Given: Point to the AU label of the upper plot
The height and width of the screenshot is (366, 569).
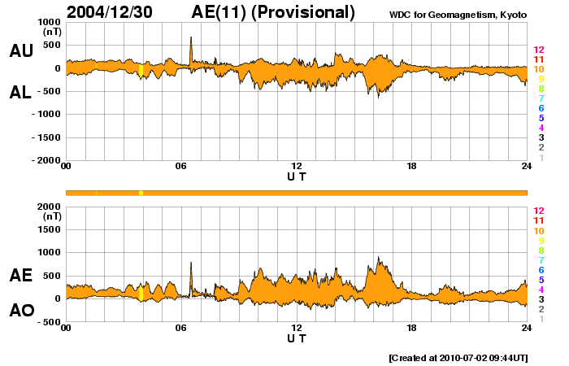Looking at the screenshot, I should (x=21, y=50).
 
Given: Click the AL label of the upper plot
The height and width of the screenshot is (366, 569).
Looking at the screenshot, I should (x=21, y=93).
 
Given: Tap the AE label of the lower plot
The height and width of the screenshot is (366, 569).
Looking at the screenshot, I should (x=21, y=276).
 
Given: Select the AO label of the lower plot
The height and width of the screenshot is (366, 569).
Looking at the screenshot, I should (x=21, y=310).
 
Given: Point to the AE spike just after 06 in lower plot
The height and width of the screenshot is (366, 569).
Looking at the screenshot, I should (x=191, y=264).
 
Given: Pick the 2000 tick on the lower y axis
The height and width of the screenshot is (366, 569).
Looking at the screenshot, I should (x=50, y=207).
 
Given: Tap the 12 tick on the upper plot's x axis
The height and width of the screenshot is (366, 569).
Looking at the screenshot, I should (x=297, y=167).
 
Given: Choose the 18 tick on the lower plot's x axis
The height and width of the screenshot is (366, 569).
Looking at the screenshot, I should (x=412, y=328).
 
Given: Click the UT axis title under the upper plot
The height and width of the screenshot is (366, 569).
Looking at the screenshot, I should (x=297, y=176).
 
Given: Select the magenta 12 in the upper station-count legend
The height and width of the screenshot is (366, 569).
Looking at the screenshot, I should (x=538, y=50).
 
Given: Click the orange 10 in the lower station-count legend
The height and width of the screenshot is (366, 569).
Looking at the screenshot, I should (x=538, y=230).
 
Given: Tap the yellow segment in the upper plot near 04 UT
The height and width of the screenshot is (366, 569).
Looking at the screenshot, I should (x=141, y=70).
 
